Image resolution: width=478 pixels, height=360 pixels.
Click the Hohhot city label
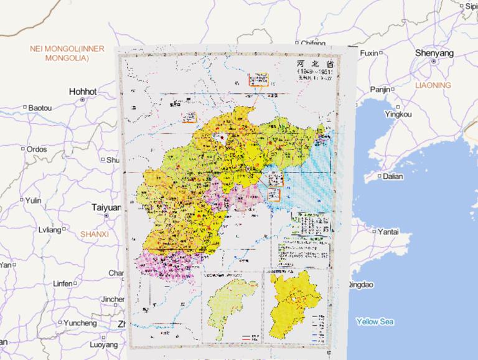83,92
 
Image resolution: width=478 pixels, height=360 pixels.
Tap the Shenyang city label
434,54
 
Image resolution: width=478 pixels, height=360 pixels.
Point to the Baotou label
40,108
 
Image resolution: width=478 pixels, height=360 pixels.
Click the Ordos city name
37,149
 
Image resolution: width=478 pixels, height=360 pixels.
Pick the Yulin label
33,201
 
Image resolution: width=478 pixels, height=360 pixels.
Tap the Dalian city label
393,176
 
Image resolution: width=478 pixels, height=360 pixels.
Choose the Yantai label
388,232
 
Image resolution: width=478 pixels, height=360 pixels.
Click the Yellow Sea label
375,322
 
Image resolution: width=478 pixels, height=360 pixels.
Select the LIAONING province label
432,85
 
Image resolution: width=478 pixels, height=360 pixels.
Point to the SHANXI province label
95,234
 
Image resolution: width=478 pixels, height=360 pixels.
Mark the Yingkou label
398,115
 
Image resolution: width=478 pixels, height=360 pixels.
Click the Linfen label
62,283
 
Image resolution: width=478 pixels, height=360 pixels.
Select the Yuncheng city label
80,323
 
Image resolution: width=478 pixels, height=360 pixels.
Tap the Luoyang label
103,344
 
